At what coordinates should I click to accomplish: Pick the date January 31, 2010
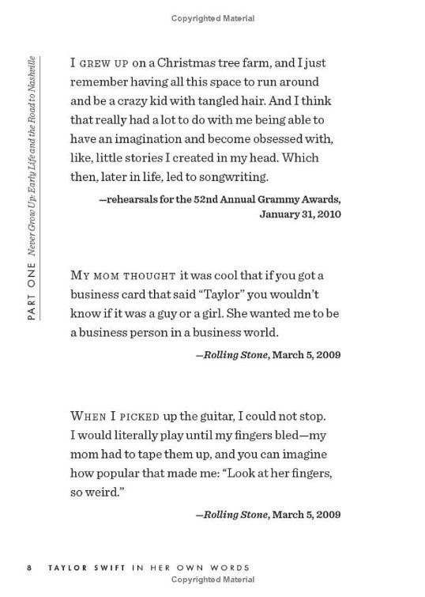(299, 214)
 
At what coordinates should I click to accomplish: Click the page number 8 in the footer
(28, 568)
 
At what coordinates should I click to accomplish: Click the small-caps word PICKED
(146, 414)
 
